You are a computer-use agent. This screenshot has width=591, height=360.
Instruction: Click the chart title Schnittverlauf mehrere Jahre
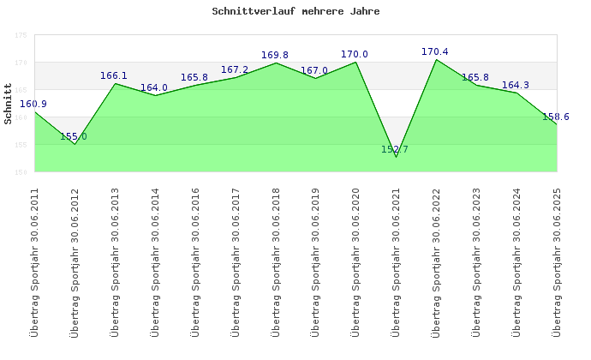[x=295, y=12]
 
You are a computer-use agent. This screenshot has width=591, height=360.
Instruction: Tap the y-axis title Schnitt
[x=9, y=104]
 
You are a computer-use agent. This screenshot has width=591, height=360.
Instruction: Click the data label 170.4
[x=435, y=52]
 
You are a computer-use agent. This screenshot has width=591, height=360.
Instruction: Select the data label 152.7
[x=395, y=149]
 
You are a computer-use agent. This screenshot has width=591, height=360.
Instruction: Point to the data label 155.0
[x=74, y=136]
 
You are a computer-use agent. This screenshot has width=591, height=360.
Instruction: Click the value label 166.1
[x=114, y=75]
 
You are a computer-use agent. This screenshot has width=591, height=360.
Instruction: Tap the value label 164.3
[x=516, y=85]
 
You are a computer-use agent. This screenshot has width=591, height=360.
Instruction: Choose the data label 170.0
[x=355, y=55]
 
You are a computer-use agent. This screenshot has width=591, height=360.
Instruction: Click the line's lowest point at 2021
[x=396, y=157]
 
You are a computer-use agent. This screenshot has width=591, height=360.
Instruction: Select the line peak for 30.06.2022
[x=436, y=59]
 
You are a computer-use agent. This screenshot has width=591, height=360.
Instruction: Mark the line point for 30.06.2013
[x=115, y=83]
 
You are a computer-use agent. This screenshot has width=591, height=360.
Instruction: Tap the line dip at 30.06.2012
[x=75, y=144]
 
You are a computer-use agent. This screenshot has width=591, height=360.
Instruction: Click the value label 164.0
[x=154, y=87]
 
